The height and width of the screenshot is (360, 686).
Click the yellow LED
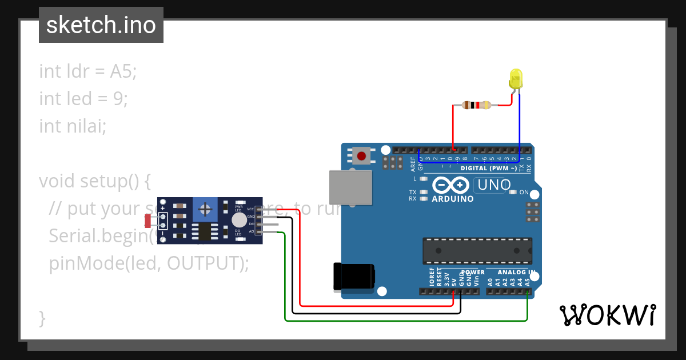[x=516, y=78]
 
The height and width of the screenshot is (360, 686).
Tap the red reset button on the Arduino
[x=361, y=155]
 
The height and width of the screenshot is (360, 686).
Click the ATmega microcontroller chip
[x=477, y=251]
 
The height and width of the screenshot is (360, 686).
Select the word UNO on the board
[x=493, y=185]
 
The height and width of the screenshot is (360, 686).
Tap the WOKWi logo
[x=607, y=315]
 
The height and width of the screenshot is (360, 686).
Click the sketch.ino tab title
[x=101, y=25]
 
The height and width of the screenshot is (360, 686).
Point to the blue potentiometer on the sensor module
[x=205, y=210]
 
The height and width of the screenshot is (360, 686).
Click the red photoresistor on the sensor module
[x=148, y=220]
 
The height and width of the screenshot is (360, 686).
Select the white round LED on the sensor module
[x=239, y=220]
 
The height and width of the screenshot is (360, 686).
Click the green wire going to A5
[x=400, y=321]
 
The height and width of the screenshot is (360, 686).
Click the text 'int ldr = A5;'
[x=88, y=71]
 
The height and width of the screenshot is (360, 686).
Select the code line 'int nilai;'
[x=73, y=126]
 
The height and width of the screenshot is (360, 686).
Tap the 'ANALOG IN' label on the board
[x=516, y=273]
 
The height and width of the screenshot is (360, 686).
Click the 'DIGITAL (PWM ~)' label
[x=488, y=168]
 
